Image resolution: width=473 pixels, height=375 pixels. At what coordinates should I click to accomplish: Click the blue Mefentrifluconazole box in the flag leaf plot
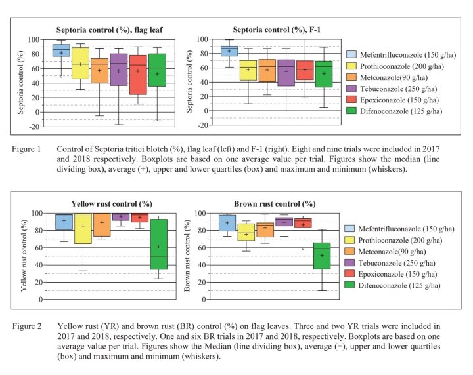coord(61,50)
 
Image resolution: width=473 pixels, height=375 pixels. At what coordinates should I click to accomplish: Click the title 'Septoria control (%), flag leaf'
coord(99,29)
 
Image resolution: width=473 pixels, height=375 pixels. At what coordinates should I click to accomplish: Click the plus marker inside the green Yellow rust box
coord(159,247)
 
